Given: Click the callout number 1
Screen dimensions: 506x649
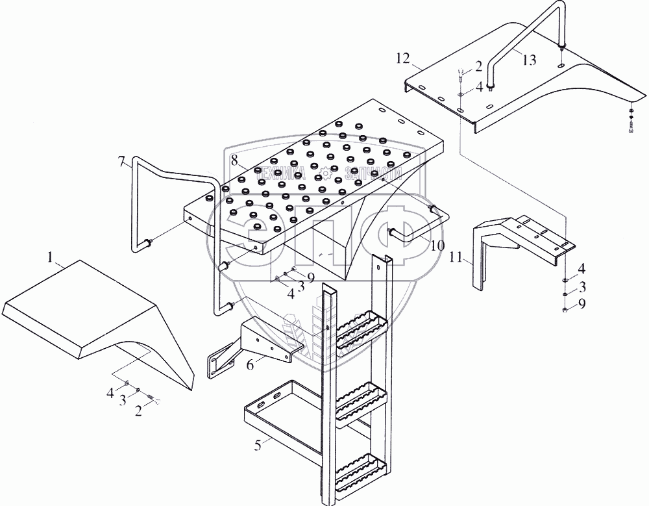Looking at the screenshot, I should [51, 257].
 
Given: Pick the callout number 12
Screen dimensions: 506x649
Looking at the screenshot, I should [402, 58].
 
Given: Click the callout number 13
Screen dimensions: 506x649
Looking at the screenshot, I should [529, 60].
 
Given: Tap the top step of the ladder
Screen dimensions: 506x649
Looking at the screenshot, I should [357, 327].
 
